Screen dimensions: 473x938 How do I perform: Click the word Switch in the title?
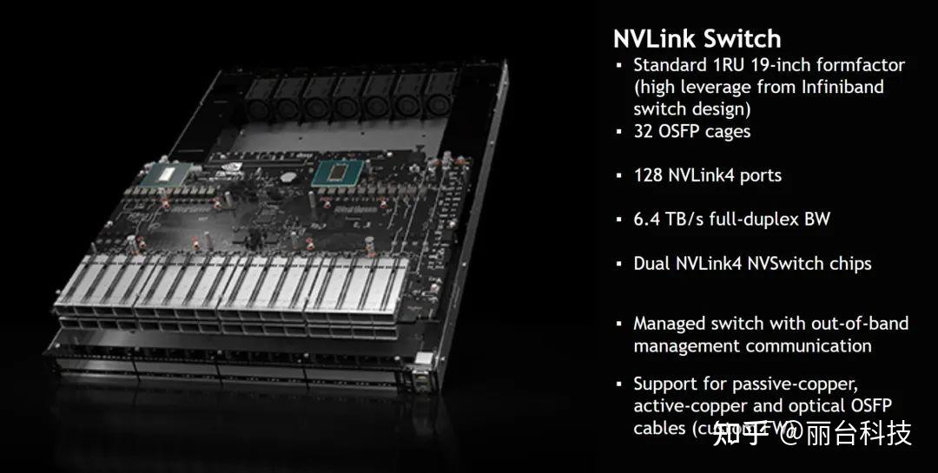tap(742, 39)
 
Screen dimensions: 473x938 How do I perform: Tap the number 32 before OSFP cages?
tap(645, 131)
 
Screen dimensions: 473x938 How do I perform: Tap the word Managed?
tap(669, 324)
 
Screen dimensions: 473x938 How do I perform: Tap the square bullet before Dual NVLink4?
tap(619, 263)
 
